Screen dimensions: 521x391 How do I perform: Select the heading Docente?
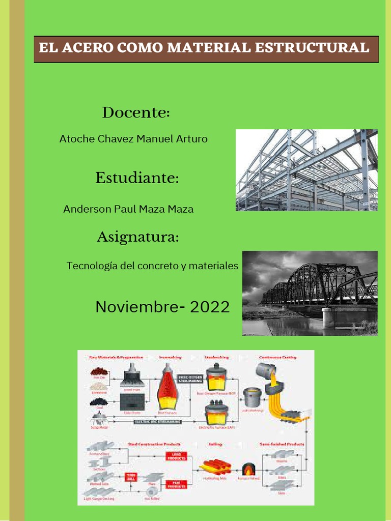[135, 112]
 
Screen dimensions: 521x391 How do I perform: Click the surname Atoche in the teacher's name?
[76, 138]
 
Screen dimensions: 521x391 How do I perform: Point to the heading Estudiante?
[137, 179]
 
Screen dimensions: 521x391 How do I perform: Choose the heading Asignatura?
[137, 237]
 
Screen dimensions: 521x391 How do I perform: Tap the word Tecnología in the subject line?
[91, 266]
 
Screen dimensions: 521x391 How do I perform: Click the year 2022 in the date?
[209, 307]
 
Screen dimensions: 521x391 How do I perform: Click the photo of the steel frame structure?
[306, 170]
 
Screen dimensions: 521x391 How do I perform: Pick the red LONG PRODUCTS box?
[176, 456]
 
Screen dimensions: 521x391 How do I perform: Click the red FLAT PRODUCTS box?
[176, 484]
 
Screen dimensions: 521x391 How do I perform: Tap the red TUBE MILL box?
[131, 477]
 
